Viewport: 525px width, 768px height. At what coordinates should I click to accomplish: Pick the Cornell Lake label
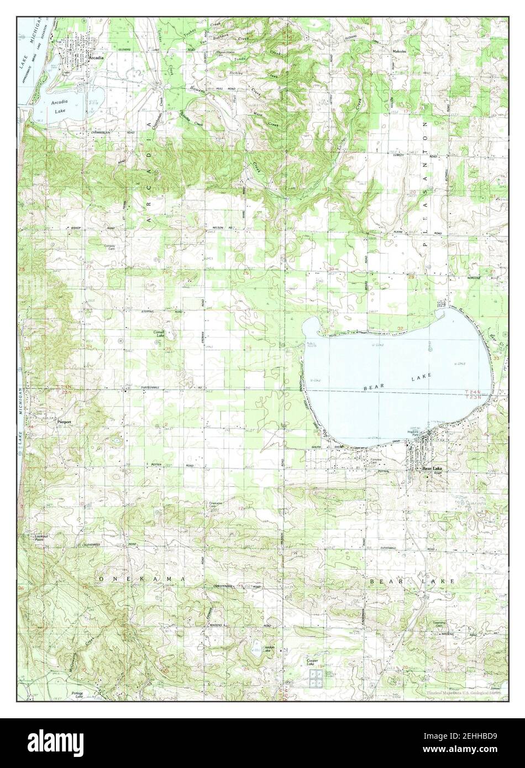point(160,334)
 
